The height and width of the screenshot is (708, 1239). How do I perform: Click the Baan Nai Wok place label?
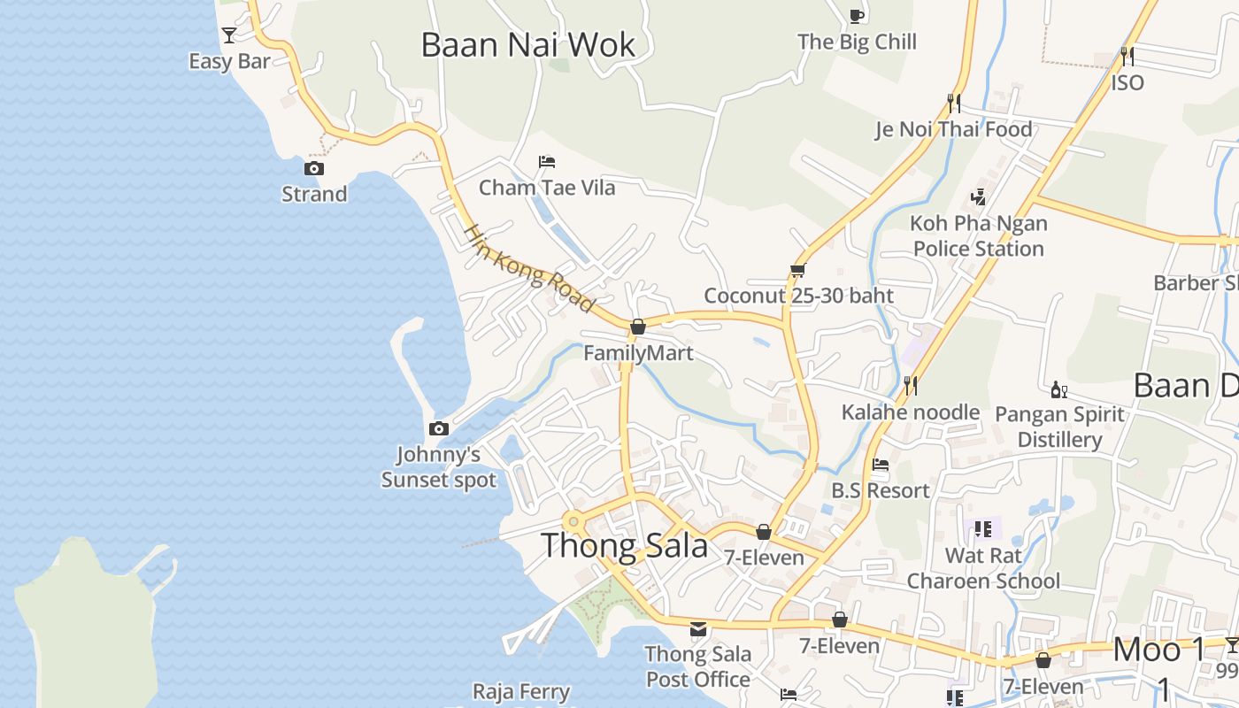(x=527, y=44)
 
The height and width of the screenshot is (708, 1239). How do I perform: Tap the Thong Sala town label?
(x=624, y=545)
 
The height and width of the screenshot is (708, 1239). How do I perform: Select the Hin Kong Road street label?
(x=528, y=267)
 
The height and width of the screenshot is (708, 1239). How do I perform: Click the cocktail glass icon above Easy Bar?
(x=229, y=35)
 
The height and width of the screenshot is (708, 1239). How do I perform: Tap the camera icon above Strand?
(x=313, y=168)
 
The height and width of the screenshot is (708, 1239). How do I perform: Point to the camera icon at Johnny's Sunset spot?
(x=438, y=429)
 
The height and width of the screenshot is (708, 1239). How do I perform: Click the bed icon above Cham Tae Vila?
(x=547, y=162)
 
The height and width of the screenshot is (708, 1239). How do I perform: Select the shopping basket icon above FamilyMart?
(x=637, y=327)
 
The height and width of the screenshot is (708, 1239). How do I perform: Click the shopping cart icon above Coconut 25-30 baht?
(x=797, y=270)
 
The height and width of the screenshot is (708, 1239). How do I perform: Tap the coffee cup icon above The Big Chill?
(x=856, y=15)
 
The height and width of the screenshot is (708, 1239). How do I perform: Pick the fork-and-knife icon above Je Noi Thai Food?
(x=953, y=103)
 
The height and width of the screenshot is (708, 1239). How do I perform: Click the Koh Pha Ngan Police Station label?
(x=979, y=236)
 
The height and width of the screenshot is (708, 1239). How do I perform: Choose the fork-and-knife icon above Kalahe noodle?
(x=909, y=385)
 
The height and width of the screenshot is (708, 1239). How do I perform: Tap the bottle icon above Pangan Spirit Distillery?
(x=1058, y=389)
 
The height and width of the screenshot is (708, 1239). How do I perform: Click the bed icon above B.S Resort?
(x=880, y=464)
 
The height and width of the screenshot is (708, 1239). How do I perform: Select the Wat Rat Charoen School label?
(x=983, y=568)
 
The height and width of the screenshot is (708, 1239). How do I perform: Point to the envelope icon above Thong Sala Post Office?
(x=698, y=629)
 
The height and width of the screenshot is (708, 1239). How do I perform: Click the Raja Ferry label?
(x=521, y=691)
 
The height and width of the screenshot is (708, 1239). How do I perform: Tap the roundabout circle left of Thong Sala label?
(x=573, y=521)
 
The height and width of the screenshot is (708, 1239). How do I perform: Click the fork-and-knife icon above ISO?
(x=1127, y=56)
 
